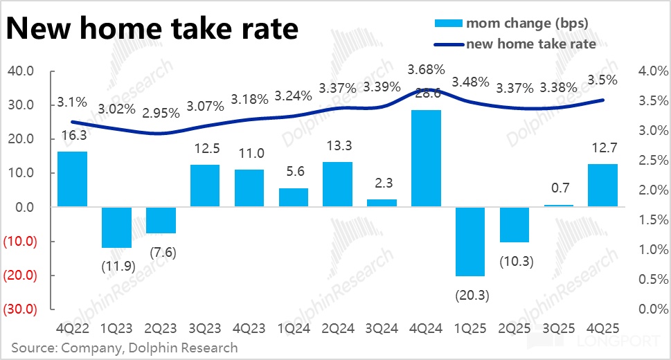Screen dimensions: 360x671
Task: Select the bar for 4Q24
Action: click(x=426, y=158)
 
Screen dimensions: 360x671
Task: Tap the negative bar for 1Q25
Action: click(x=470, y=242)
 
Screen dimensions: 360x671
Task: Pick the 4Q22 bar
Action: click(x=72, y=179)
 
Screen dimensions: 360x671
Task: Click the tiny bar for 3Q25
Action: click(x=559, y=206)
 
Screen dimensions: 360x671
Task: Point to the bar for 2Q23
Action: click(x=161, y=220)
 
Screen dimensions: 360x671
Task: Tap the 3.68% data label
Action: click(x=426, y=70)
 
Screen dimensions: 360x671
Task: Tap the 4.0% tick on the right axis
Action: click(x=652, y=71)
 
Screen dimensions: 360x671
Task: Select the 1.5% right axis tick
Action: click(x=652, y=220)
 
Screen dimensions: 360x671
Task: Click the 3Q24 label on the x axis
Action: click(x=382, y=326)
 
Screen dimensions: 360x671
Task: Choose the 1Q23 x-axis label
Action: click(x=116, y=326)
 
